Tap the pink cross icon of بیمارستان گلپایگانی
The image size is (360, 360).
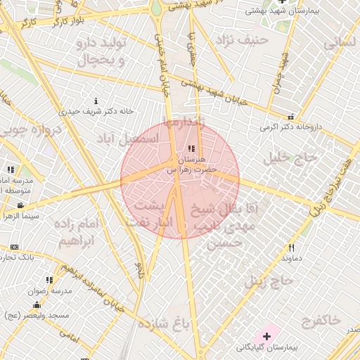tap(266, 337)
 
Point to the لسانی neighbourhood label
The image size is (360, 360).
tap(341, 42)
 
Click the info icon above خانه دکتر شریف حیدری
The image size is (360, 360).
tap(96, 101)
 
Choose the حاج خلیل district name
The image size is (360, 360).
tap(290, 158)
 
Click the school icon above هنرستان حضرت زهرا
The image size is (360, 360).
tap(192, 149)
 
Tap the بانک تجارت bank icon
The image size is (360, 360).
tap(15, 247)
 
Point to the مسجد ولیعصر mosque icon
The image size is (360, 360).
tap(37, 305)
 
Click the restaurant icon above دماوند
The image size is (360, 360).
tap(291, 247)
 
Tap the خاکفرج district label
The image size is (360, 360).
tap(321, 321)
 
